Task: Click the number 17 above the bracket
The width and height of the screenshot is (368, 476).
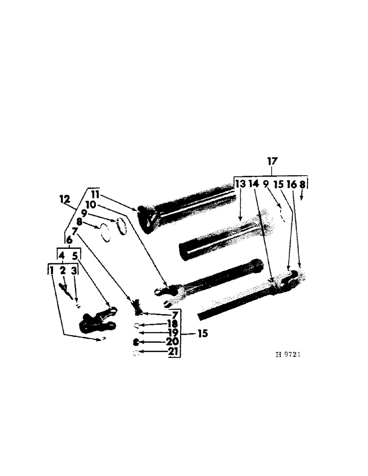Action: tap(272, 162)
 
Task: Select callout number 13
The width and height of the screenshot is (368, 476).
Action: tap(240, 184)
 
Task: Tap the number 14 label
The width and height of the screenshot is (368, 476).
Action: tap(254, 184)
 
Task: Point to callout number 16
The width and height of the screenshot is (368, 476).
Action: tap(291, 184)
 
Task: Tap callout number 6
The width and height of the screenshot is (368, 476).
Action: tap(70, 242)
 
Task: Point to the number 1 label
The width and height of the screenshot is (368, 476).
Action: tap(51, 271)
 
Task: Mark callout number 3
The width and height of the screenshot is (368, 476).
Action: tap(74, 271)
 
